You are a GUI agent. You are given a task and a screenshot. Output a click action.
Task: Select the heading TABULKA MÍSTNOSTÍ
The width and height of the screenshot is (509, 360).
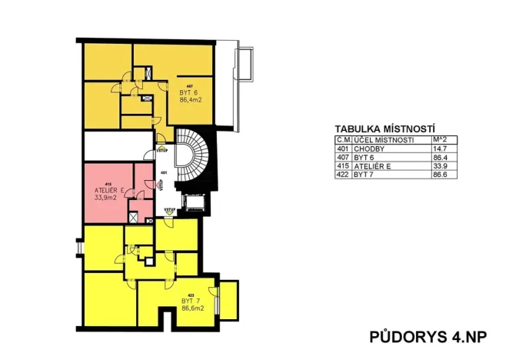(385, 129)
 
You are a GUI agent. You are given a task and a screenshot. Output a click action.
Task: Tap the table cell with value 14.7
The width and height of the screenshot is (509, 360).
(440, 148)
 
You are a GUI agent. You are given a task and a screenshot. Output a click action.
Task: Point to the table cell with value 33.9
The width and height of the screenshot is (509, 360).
(440, 165)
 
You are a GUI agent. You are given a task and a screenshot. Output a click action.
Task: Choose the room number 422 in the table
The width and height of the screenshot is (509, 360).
(343, 175)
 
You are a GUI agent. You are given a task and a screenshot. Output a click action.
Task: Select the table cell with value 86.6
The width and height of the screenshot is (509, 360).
(440, 175)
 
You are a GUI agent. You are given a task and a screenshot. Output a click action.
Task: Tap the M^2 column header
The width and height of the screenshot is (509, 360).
(440, 140)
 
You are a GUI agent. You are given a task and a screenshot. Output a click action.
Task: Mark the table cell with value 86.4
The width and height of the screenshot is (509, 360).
(440, 157)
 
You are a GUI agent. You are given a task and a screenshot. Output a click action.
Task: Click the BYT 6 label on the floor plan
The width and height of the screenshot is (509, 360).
(189, 92)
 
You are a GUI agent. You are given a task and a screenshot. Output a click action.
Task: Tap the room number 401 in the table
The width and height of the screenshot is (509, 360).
(343, 148)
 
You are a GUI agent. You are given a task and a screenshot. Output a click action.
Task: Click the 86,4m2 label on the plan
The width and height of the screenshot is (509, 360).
(190, 100)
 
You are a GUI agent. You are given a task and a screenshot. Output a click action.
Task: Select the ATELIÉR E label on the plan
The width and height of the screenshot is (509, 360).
(108, 189)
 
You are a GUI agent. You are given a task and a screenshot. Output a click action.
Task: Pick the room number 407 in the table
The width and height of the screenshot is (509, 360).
(343, 157)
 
